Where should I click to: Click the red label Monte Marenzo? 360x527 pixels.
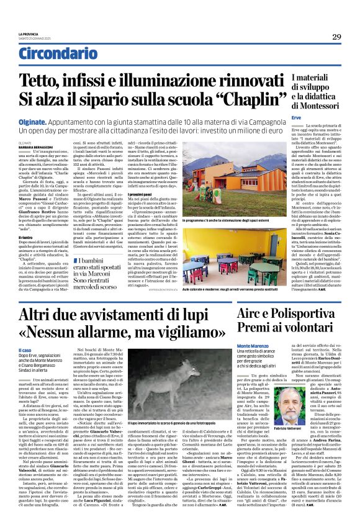[253, 345]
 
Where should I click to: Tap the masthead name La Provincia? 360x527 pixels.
[28, 34]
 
